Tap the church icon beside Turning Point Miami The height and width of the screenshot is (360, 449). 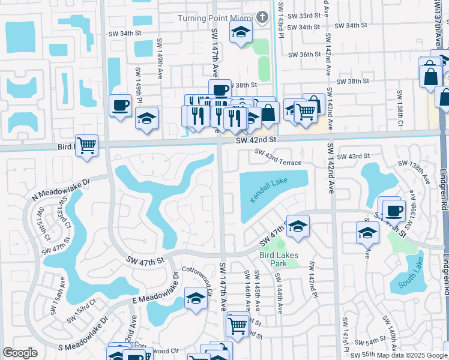(261, 17)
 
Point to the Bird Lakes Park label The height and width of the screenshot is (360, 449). (278, 259)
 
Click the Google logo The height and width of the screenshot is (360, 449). (19, 353)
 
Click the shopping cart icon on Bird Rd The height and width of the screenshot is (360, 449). (87, 145)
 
